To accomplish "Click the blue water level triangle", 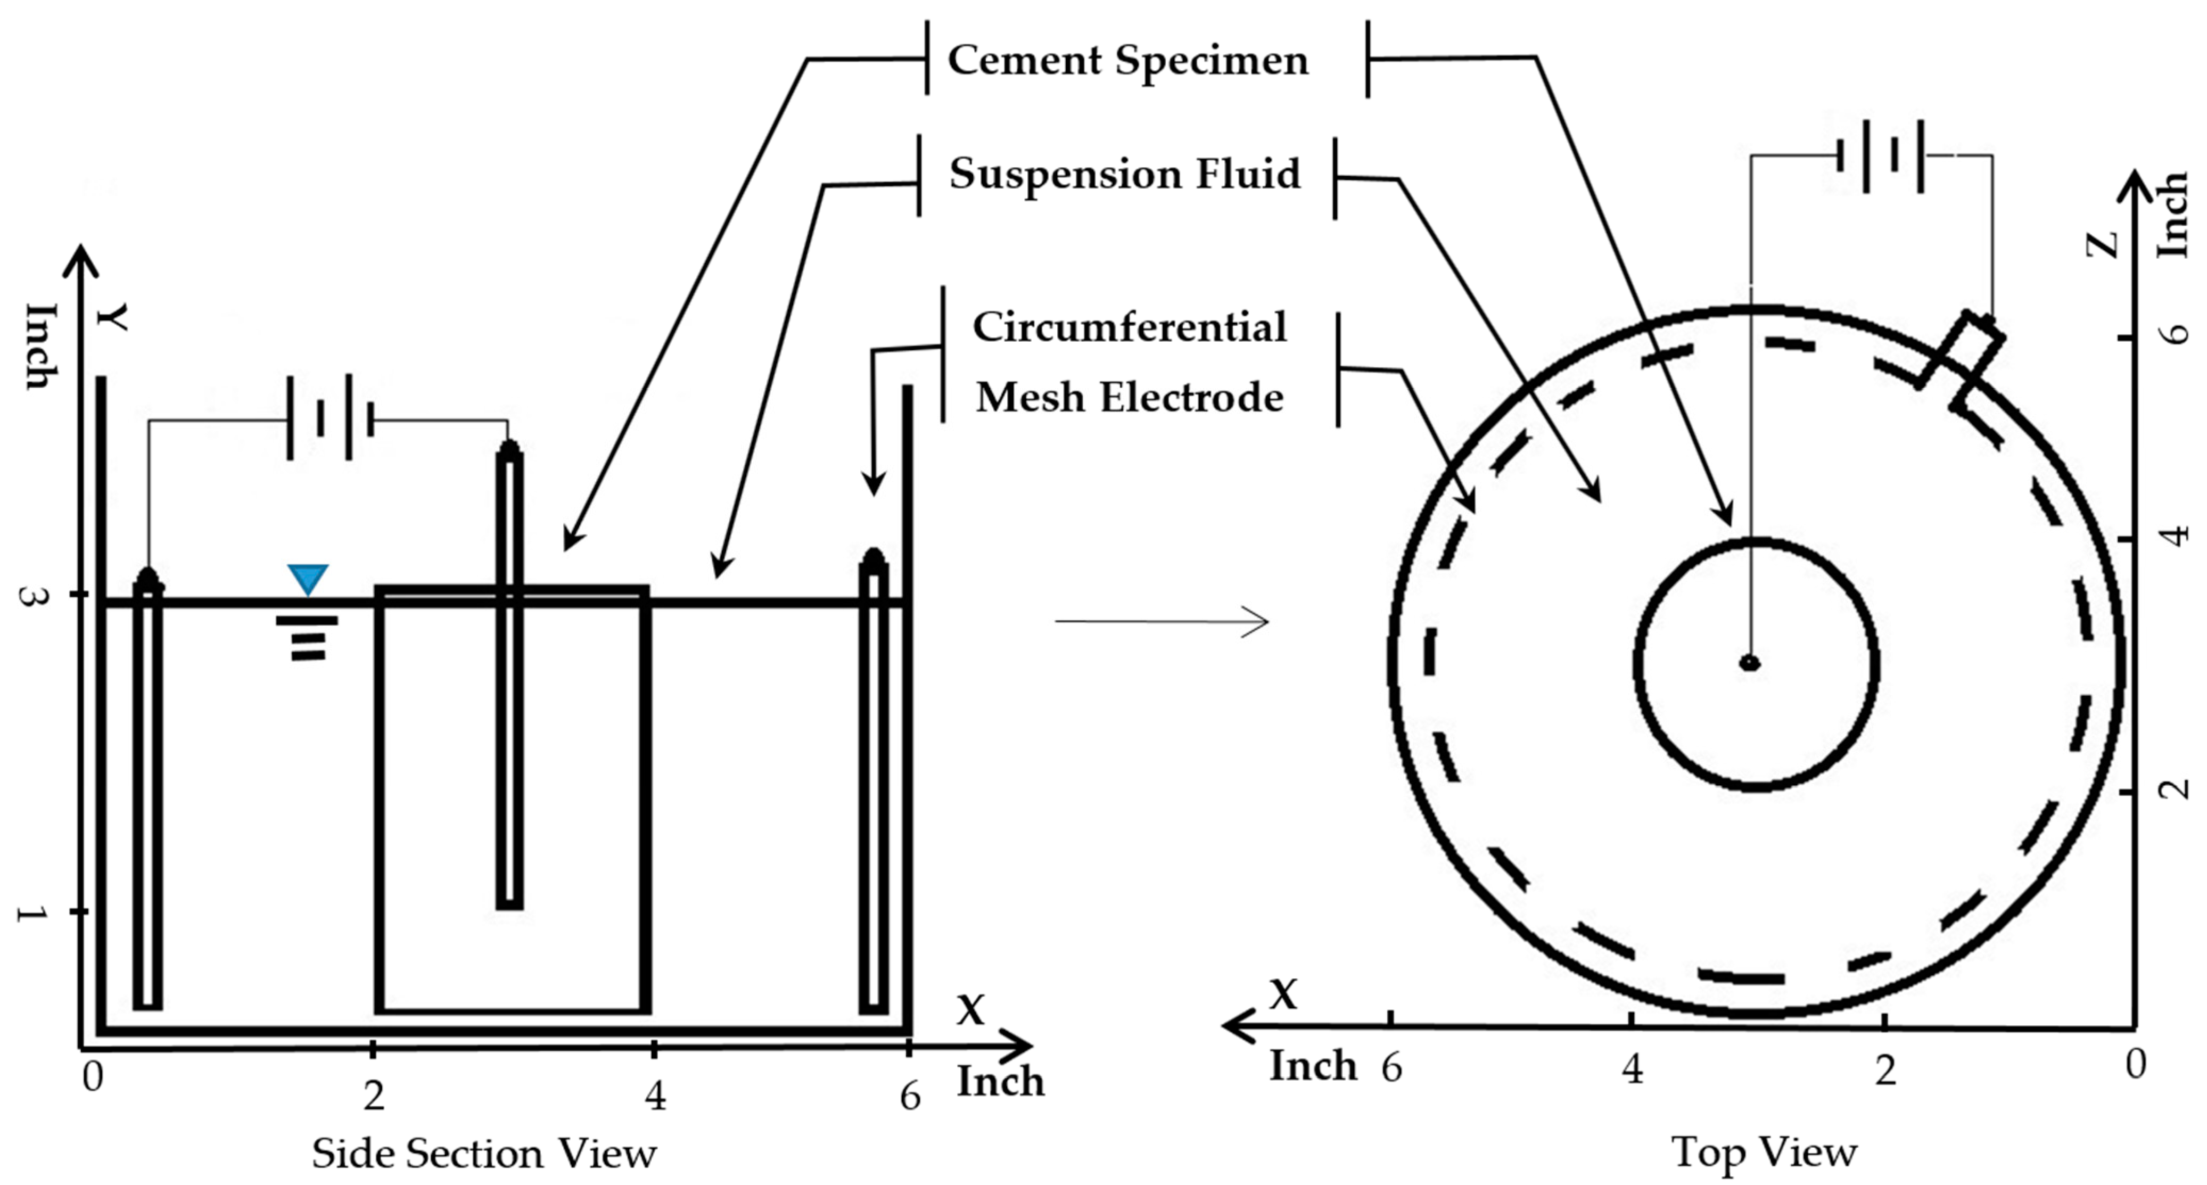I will pos(308,578).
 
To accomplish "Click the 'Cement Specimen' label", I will pos(1127,60).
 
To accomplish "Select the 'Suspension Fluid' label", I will pos(1124,174).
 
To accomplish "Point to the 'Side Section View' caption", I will pos(483,1153).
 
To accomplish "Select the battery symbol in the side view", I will pos(331,418).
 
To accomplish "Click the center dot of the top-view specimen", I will pos(1750,662).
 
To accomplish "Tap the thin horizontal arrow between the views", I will pos(1161,621).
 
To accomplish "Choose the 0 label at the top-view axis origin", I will pos(2136,1064).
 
